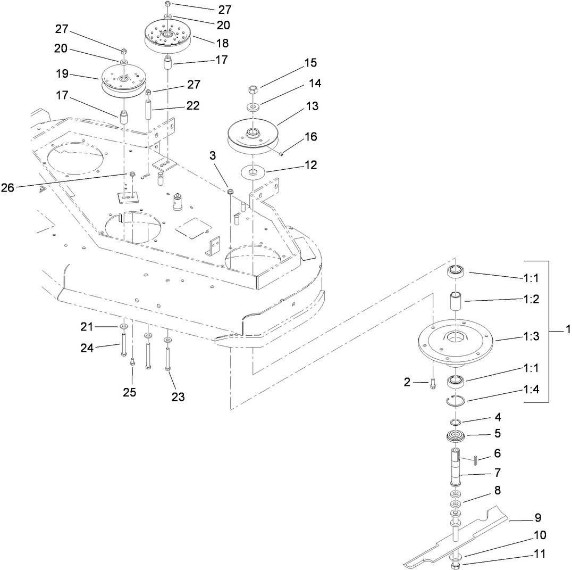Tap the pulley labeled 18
[167, 36]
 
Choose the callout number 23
[178, 396]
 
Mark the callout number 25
[130, 392]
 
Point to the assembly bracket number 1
[568, 331]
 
